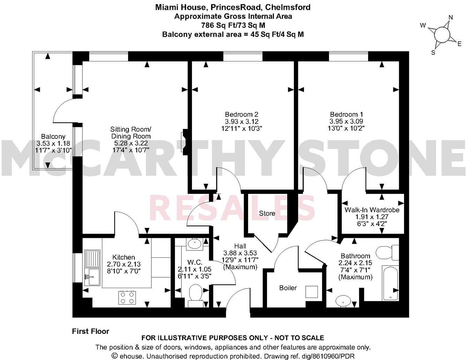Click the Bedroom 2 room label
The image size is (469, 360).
tap(241, 114)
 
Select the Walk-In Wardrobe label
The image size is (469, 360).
tap(372, 210)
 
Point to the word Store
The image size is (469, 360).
tap(267, 213)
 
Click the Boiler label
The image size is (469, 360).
tap(288, 288)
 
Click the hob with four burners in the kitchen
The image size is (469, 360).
tap(127, 298)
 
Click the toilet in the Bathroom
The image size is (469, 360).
tap(387, 252)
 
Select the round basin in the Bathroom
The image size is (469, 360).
tap(344, 300)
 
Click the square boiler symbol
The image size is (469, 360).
tap(311, 292)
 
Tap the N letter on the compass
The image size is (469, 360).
tap(450, 17)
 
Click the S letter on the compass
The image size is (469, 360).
tap(433, 52)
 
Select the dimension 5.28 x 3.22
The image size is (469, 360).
tap(131, 143)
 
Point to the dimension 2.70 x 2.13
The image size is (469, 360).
tap(124, 264)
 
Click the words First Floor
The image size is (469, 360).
tap(90, 331)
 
